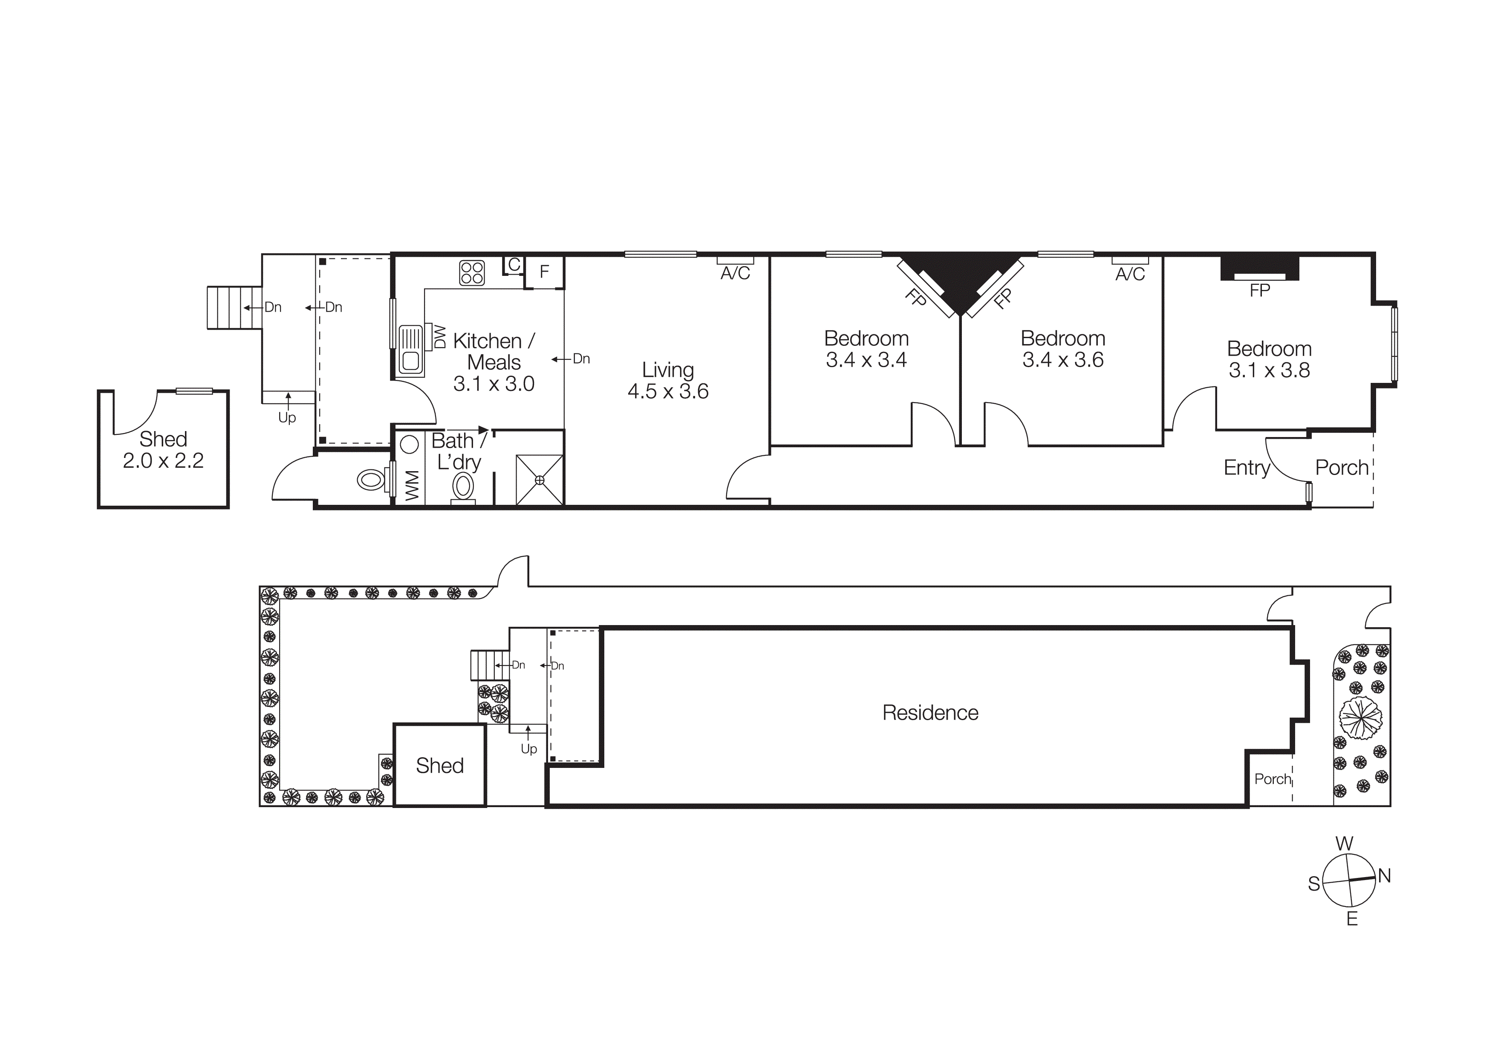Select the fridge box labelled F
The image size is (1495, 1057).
(x=544, y=272)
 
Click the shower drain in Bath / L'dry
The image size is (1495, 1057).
(x=539, y=480)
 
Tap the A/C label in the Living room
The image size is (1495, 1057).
(x=735, y=274)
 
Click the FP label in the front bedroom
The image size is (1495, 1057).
(x=1259, y=290)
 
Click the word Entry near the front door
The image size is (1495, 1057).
(x=1246, y=468)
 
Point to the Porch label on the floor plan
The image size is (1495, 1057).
(x=1341, y=468)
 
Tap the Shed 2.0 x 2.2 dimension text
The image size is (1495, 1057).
(x=163, y=461)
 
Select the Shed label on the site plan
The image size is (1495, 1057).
(x=439, y=765)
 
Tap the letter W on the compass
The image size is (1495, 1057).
(x=1344, y=844)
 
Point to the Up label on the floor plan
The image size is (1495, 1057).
(x=287, y=418)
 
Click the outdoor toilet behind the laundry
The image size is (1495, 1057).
(x=371, y=481)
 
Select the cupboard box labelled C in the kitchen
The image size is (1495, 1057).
(x=514, y=265)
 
